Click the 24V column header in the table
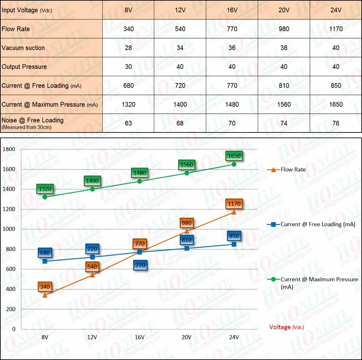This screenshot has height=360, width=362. tap(336, 10)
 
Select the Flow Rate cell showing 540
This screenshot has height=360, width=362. tap(180, 29)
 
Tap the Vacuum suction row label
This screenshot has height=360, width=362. tap(23, 48)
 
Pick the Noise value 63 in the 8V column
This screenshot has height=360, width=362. tap(128, 123)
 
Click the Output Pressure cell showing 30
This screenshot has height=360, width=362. tap(128, 67)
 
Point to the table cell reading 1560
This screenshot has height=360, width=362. tap(284, 105)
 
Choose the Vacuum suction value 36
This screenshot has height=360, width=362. tap(232, 48)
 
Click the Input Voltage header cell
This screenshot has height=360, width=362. tap(27, 10)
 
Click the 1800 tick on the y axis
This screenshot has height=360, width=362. tap(9, 149)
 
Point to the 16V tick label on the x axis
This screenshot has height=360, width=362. tap(139, 337)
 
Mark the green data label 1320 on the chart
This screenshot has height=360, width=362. tap(45, 189)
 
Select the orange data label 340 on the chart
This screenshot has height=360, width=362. tap(45, 287)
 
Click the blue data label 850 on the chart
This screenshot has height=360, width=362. tap(234, 236)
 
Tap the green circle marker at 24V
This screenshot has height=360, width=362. tap(234, 164)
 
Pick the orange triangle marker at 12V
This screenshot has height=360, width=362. tap(92, 275)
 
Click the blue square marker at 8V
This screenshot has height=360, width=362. tap(45, 261)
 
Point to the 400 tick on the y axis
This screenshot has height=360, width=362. tap(10, 289)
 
